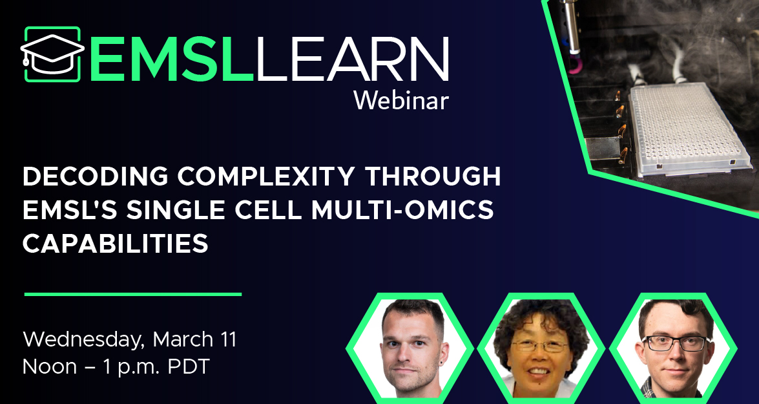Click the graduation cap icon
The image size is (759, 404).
tap(52, 54)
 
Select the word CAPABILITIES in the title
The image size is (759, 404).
tap(116, 244)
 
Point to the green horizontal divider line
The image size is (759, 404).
tap(132, 294)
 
